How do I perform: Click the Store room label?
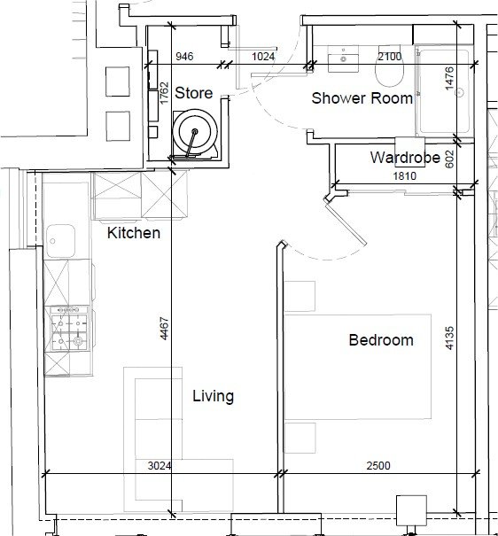pos(193,93)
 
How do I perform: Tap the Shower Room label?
pos(362,98)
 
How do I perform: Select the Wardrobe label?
pos(405,158)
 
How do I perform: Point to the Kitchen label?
pos(134,233)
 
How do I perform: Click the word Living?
pos(214,397)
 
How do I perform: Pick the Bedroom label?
pos(381,340)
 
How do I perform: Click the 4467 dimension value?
pos(165,329)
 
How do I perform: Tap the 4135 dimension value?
pos(449,338)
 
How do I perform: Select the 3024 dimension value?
pos(160,466)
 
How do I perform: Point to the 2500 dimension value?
pos(378,466)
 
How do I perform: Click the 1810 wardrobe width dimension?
pos(405,176)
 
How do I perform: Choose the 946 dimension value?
pos(184,57)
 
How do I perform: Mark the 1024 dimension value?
pos(263,57)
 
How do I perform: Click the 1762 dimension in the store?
pos(165,93)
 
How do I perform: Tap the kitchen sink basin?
pos(60,241)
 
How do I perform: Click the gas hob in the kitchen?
pos(70,329)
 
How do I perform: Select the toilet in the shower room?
pos(389,66)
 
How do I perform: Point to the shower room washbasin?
pos(343,58)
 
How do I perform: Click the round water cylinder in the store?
pos(195,132)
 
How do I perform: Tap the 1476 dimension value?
pos(449,78)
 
